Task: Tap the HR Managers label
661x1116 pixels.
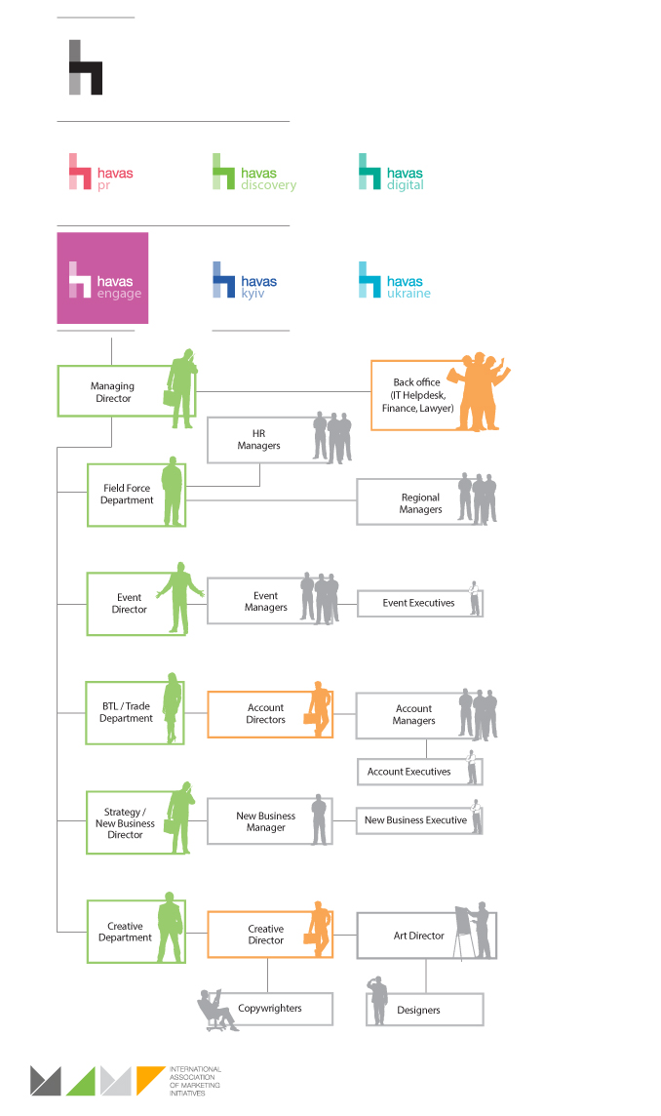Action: (x=258, y=439)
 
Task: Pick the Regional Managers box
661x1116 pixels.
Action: (x=420, y=503)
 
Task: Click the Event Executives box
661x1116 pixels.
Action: (x=418, y=603)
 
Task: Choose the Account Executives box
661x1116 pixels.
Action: (x=409, y=772)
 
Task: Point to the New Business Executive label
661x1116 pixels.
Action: (x=415, y=820)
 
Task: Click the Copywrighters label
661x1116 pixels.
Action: (x=270, y=1009)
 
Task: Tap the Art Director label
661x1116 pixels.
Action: (x=419, y=936)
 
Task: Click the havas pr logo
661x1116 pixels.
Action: (x=100, y=173)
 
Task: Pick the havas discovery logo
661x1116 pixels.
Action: (x=254, y=173)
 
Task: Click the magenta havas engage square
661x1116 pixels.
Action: (x=102, y=278)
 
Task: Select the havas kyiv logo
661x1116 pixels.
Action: (x=245, y=281)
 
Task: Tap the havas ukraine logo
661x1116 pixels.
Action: (x=394, y=281)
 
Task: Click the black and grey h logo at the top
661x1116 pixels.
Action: (x=86, y=67)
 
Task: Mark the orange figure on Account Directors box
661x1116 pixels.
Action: (x=318, y=709)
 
